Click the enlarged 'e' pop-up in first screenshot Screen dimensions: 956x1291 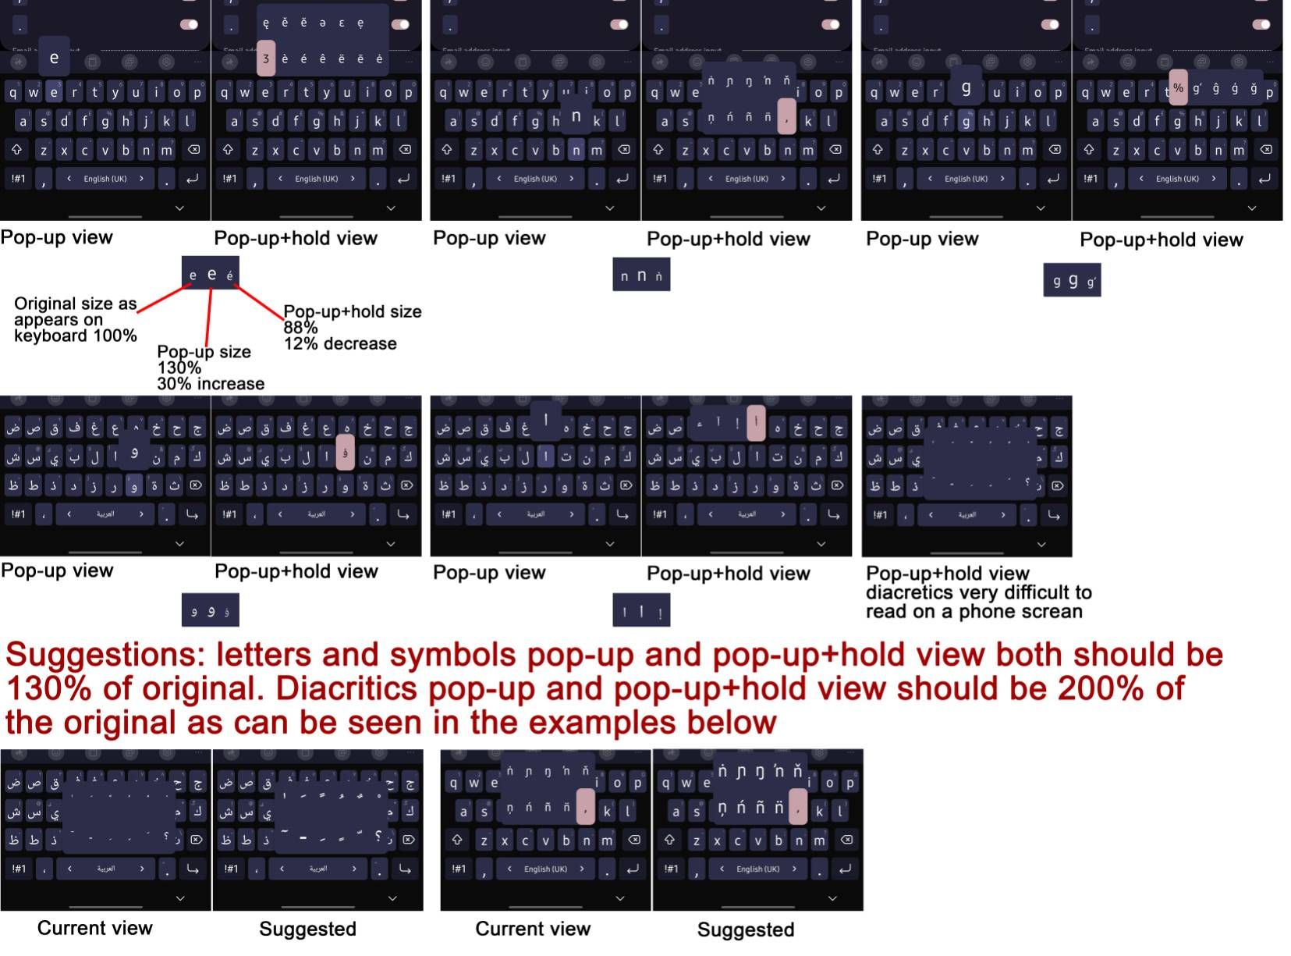point(54,57)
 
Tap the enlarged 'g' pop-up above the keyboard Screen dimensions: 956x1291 point(966,88)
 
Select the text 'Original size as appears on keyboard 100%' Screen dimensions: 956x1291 point(75,320)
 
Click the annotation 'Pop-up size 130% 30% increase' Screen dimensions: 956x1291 point(209,368)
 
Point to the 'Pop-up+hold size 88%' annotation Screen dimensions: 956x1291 point(351,319)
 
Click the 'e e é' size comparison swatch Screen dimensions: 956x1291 point(211,274)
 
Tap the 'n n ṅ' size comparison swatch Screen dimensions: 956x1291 point(641,275)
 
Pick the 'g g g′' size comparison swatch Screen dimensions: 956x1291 point(1072,281)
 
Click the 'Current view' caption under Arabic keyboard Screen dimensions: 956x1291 point(95,928)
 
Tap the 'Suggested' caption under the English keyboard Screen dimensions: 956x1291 point(745,929)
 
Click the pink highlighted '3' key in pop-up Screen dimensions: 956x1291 point(266,59)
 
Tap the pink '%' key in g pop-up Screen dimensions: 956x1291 point(1178,88)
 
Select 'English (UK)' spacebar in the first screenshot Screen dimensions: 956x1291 point(105,179)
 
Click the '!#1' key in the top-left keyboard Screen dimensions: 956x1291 point(18,179)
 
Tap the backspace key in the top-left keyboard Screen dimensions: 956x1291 point(194,150)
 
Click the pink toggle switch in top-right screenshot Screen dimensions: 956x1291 point(1261,24)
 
